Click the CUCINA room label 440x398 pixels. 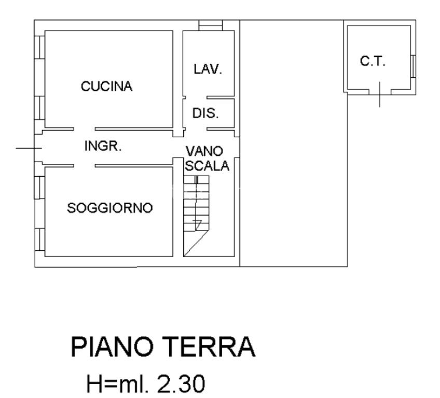[107, 87]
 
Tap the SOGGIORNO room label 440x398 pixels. [109, 208]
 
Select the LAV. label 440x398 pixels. [208, 69]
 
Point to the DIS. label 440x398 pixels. [205, 113]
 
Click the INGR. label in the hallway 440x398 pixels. [103, 146]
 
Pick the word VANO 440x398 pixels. [204, 151]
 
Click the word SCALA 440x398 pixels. [207, 166]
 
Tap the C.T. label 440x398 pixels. [373, 61]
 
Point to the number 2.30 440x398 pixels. [181, 383]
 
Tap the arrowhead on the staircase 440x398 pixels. [198, 224]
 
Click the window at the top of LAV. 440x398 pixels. [211, 25]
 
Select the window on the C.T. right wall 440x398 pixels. [413, 66]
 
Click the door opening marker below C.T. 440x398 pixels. [380, 94]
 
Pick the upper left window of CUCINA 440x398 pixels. [39, 47]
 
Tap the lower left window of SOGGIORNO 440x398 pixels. [39, 239]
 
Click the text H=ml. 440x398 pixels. [118, 383]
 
